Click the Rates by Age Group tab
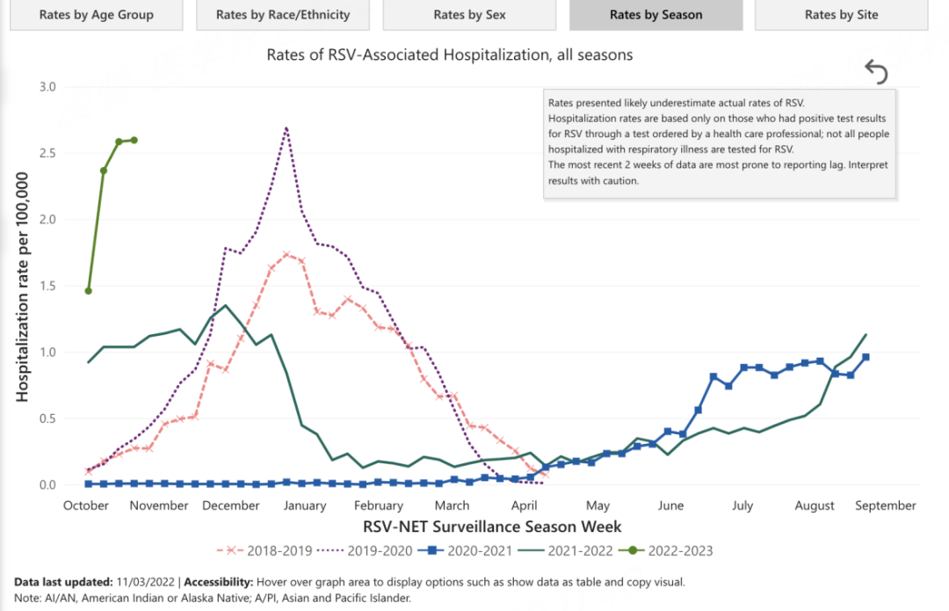(x=97, y=15)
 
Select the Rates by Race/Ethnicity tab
(x=282, y=15)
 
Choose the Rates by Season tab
(x=656, y=15)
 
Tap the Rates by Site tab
(x=841, y=15)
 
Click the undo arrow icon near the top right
(x=876, y=71)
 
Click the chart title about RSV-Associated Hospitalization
(x=450, y=55)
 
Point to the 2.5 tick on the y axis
(x=46, y=153)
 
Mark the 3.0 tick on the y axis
(x=46, y=87)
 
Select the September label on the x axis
(x=886, y=506)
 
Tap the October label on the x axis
(x=86, y=506)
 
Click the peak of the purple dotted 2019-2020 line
(x=286, y=128)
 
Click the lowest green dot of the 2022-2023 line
(x=88, y=290)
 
